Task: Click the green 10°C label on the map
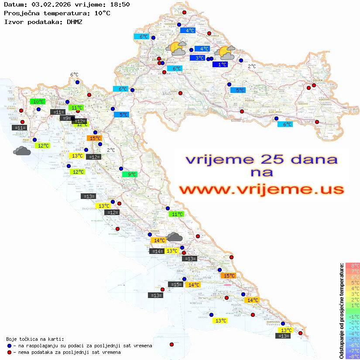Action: point(38,102)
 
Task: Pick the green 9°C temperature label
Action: point(129,175)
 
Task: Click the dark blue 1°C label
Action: point(220,65)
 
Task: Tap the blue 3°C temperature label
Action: point(197,58)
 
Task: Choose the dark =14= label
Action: point(157,251)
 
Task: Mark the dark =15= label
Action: point(175,285)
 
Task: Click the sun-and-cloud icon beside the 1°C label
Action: point(226,53)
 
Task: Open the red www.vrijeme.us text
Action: point(261,189)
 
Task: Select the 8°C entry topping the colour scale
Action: point(353,265)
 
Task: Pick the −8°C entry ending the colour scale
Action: point(353,356)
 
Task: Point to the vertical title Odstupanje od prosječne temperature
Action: point(342,311)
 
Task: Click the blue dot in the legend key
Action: point(9,346)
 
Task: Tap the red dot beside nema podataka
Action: point(9,352)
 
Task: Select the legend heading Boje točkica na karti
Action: point(35,339)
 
